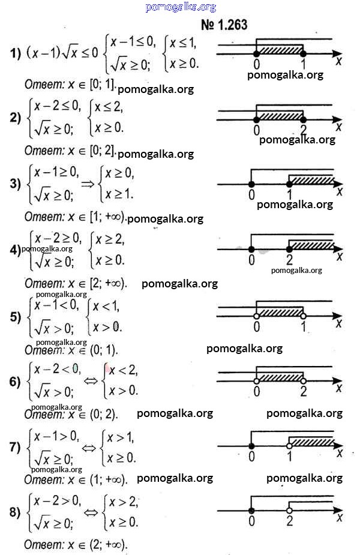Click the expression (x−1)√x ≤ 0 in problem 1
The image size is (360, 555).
(x=62, y=53)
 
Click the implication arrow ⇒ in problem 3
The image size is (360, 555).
(x=88, y=184)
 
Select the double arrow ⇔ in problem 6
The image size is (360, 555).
(x=91, y=381)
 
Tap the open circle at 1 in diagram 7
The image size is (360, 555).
(x=289, y=446)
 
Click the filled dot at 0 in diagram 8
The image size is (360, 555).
(x=251, y=511)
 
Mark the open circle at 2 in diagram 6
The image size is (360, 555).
(x=303, y=380)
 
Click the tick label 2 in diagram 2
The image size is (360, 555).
(x=304, y=130)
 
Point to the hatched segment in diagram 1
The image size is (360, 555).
(x=280, y=50)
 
